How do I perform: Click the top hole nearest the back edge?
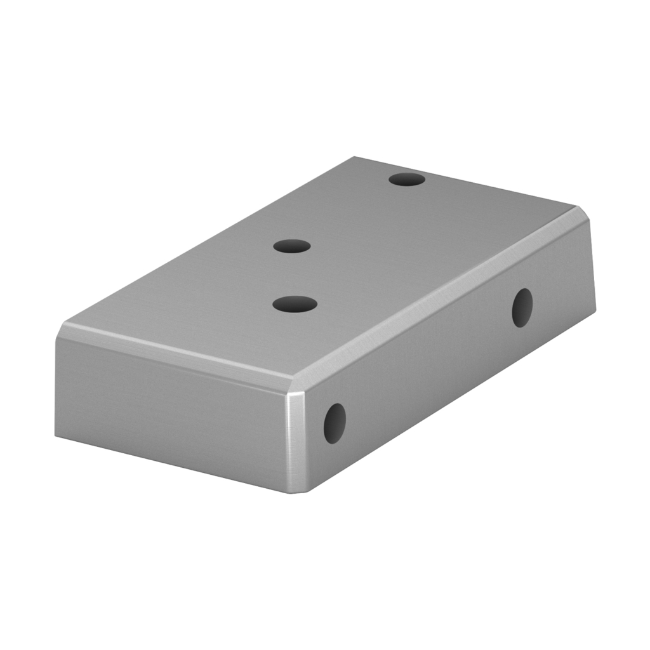click(407, 179)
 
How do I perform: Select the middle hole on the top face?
click(292, 246)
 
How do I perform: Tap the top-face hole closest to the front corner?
click(295, 304)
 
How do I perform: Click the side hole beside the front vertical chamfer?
click(335, 423)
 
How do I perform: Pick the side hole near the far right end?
click(522, 308)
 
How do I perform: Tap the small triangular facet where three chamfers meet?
click(293, 388)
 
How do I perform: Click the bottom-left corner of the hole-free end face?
click(56, 437)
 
